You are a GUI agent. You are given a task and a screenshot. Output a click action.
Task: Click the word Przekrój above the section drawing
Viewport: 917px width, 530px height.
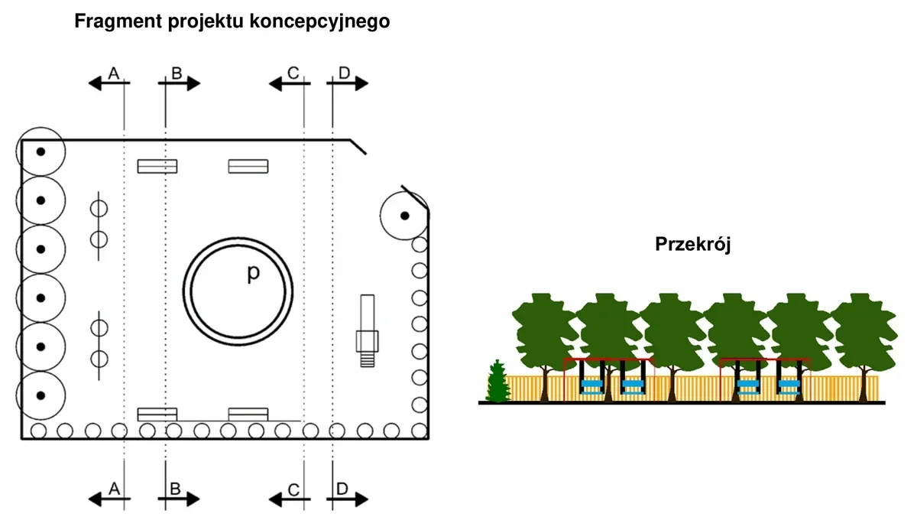[692, 245]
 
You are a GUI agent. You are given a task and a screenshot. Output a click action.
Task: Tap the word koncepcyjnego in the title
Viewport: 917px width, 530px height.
[319, 21]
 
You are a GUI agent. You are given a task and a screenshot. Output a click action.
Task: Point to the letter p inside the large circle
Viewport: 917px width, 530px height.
[254, 273]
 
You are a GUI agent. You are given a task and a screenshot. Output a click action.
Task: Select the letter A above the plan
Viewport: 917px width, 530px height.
[114, 73]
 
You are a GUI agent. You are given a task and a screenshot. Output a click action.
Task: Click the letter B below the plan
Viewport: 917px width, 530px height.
[175, 489]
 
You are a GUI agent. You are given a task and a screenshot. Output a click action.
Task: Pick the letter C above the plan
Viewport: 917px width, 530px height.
[293, 73]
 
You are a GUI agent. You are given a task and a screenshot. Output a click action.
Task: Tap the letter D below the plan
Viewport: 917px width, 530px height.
[342, 489]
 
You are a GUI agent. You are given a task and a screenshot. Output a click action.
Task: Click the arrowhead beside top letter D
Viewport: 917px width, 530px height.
[361, 83]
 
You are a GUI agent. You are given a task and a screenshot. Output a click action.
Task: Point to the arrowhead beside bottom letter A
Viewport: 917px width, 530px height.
[95, 499]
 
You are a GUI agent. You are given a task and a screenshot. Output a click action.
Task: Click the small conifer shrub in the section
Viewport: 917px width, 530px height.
[497, 381]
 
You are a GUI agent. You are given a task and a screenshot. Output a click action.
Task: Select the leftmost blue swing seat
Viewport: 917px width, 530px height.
[591, 387]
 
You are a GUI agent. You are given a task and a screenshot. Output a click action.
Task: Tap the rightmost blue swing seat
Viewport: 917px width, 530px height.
[789, 387]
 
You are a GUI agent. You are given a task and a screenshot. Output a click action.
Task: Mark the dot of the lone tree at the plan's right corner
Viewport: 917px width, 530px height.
[405, 216]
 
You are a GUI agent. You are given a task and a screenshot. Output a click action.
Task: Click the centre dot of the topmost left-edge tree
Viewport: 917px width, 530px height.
[41, 151]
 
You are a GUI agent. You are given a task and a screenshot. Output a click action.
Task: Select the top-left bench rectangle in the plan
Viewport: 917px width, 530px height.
[157, 166]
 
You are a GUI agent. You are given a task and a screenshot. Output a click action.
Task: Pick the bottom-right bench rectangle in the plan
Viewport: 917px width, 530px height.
[248, 414]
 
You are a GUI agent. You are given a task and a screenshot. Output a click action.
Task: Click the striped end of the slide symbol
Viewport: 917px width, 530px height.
[368, 359]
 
